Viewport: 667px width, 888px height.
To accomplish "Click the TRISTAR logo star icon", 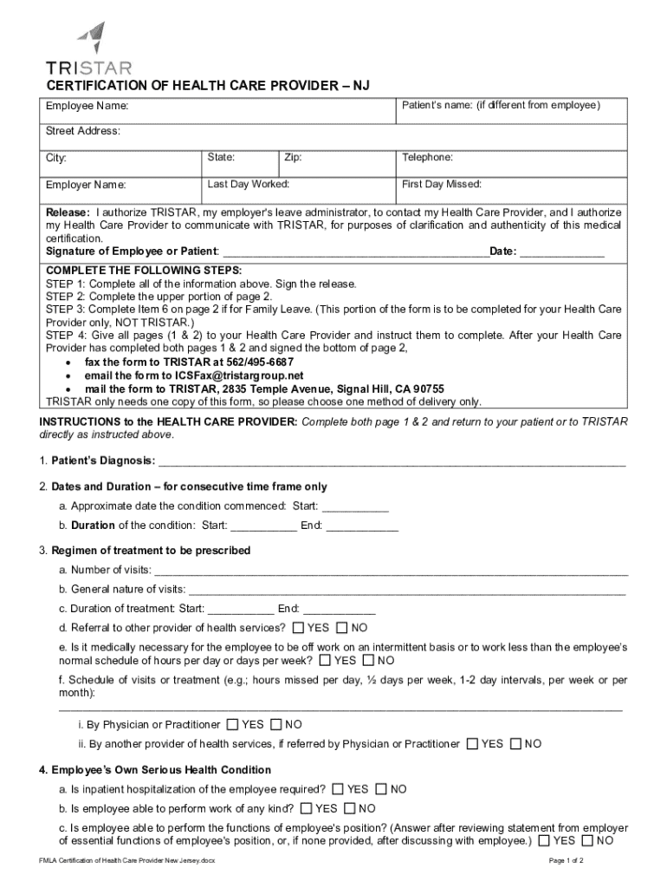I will (92, 37).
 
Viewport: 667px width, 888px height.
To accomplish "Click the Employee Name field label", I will (87, 106).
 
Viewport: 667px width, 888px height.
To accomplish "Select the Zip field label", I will (293, 158).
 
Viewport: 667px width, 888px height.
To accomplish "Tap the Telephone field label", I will (427, 158).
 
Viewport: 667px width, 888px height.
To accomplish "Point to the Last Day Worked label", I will (249, 184).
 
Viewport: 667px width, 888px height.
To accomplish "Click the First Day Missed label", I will (442, 184).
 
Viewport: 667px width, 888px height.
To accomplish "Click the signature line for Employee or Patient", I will (355, 252).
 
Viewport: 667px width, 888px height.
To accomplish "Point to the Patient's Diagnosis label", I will (103, 460).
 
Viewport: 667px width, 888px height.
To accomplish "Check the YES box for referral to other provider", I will (299, 628).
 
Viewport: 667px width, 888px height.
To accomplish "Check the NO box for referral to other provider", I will (341, 628).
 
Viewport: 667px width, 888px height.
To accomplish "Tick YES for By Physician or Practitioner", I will (232, 724).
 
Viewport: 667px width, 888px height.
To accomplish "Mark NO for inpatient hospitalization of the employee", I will (379, 789).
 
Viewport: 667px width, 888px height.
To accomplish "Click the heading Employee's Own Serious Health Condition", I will (160, 770).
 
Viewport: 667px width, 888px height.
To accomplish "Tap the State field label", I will (221, 158).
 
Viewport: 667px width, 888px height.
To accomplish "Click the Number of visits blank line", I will (390, 571).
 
